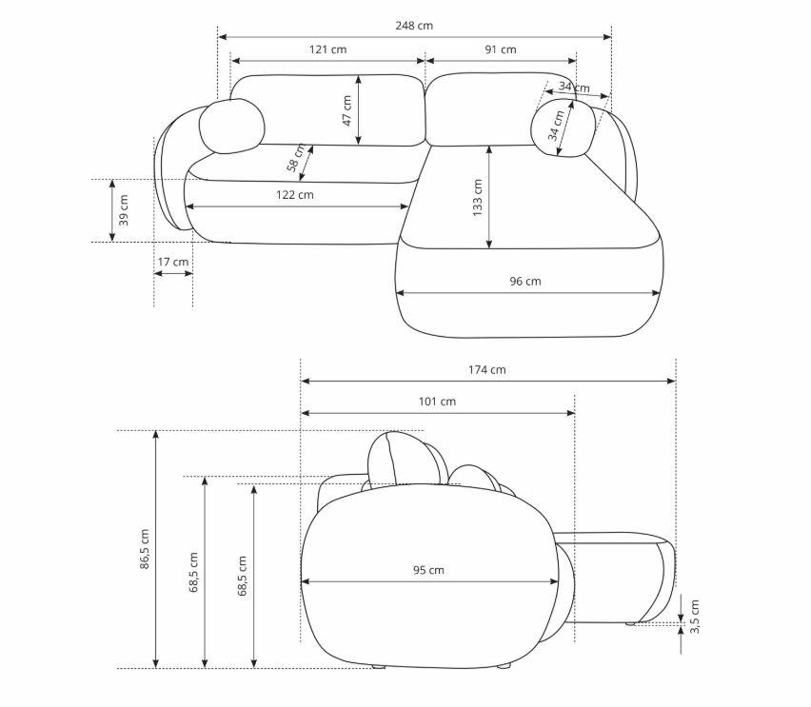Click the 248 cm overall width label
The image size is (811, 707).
coord(414,26)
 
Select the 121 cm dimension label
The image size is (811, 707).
coord(327,49)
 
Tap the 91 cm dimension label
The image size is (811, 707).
coord(500,49)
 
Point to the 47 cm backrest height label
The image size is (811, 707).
coord(347,110)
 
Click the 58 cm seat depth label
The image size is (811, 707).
coord(295,158)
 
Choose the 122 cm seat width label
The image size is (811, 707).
coord(294,195)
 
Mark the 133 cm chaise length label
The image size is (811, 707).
coord(477,198)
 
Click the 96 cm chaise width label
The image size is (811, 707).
coord(525,282)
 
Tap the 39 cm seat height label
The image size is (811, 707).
coord(124,210)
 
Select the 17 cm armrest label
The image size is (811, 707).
coord(172,262)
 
